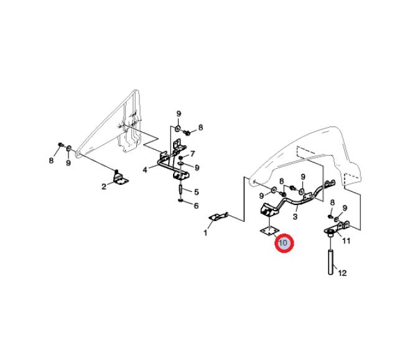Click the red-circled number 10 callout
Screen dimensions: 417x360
coord(284,243)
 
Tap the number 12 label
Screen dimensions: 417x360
coord(343,273)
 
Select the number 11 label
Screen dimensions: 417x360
coord(346,241)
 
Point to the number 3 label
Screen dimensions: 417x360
coord(295,217)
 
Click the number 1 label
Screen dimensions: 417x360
coord(205,233)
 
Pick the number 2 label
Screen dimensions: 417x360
coord(104,186)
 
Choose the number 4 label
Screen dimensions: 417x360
coord(145,170)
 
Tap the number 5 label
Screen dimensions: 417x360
coord(196,192)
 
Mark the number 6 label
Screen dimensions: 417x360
coord(196,206)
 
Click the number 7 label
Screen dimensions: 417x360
coord(192,154)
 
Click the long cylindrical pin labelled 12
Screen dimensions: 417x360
coord(330,262)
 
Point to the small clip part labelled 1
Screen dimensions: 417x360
coord(219,217)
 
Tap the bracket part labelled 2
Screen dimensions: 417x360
coord(120,178)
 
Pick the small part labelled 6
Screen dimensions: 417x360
coord(180,200)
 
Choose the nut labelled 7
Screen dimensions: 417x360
coord(181,157)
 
